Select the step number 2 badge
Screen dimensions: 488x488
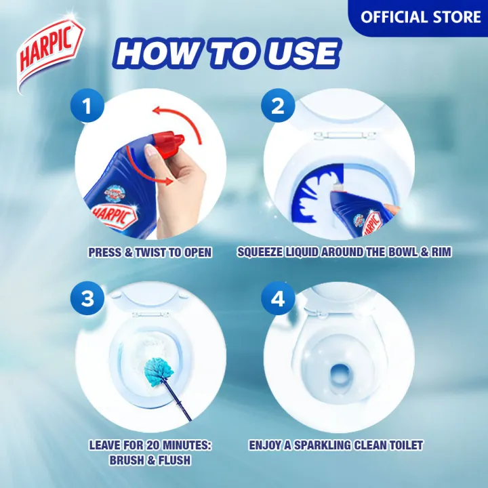click(x=278, y=107)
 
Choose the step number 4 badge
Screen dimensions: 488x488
click(x=278, y=299)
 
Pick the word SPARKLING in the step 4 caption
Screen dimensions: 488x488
click(x=323, y=445)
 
